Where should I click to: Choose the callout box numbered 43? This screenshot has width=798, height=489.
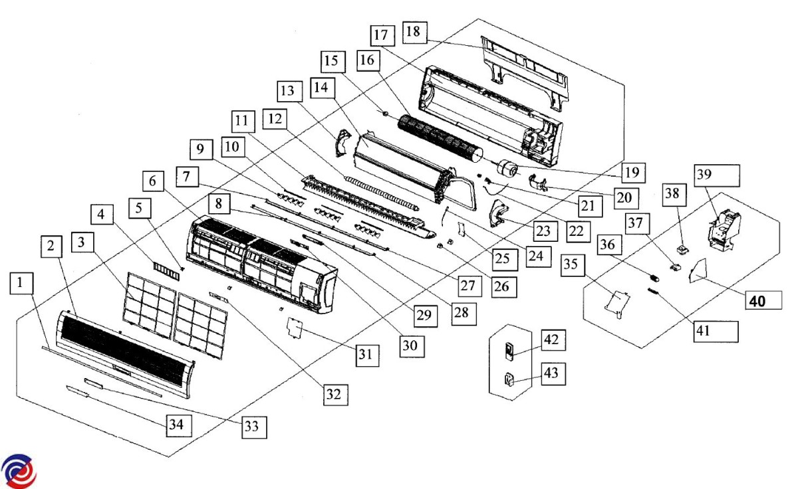pyautogui.click(x=552, y=374)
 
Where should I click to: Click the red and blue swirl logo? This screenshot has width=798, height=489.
pyautogui.click(x=17, y=470)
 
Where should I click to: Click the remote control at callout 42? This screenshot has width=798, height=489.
pyautogui.click(x=511, y=350)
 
